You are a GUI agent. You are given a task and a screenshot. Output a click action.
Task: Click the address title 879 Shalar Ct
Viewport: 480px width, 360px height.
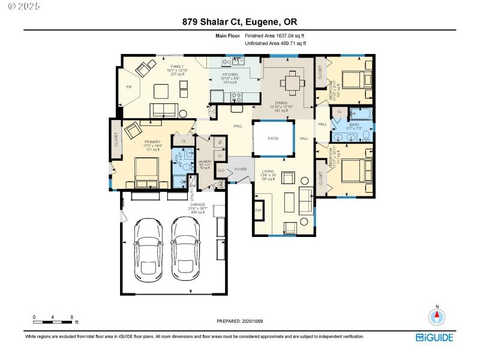(x=239, y=23)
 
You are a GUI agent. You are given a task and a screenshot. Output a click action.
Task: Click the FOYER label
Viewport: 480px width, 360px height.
(x=241, y=169)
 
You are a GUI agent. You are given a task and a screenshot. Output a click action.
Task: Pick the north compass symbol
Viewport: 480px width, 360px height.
(x=437, y=316)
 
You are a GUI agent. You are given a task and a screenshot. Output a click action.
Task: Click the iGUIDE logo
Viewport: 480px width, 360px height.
(x=436, y=337)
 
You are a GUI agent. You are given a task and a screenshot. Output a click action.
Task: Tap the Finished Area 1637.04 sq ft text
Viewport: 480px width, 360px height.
(x=275, y=36)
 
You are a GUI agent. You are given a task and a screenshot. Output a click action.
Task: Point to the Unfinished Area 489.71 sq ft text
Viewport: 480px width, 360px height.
(x=275, y=43)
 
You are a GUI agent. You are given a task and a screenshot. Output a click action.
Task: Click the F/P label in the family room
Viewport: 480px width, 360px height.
(x=128, y=88)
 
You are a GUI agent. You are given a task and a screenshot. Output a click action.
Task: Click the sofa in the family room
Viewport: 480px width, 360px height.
(x=163, y=109)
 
